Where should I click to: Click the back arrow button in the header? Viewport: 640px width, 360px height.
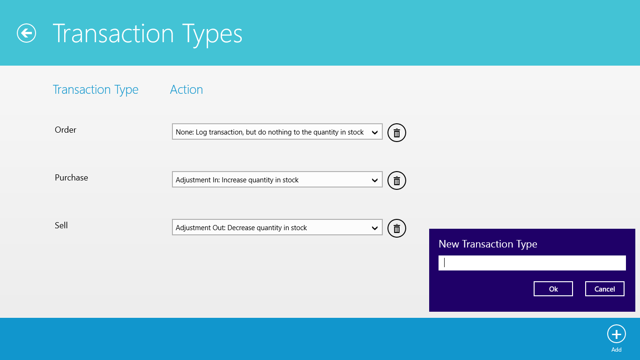point(26,33)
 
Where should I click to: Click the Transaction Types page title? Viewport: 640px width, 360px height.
point(148,34)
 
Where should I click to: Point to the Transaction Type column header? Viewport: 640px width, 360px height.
point(96,90)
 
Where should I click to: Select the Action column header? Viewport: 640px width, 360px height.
point(186,90)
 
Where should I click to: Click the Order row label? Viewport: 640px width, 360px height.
point(66,130)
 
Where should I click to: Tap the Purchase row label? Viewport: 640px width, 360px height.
point(71,178)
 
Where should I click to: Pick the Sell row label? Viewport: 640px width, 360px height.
point(61,225)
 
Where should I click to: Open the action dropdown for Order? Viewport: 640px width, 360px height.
point(277,132)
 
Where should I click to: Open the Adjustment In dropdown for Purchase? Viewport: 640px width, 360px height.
point(277,180)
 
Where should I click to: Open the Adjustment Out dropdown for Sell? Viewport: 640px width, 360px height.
point(277,227)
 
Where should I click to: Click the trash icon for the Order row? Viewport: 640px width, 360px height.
point(396,133)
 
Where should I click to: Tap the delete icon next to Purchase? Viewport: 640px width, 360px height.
point(396,180)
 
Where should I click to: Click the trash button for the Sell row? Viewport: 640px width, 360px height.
point(396,228)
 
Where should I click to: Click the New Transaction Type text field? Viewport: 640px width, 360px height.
point(532,263)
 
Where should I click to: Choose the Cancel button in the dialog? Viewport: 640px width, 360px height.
point(604,289)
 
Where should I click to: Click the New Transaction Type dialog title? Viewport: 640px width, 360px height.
point(488,244)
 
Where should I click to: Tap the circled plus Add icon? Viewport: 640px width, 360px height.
point(616,334)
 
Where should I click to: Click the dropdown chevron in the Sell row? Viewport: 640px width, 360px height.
point(374,228)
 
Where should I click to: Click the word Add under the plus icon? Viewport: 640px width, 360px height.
point(616,349)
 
